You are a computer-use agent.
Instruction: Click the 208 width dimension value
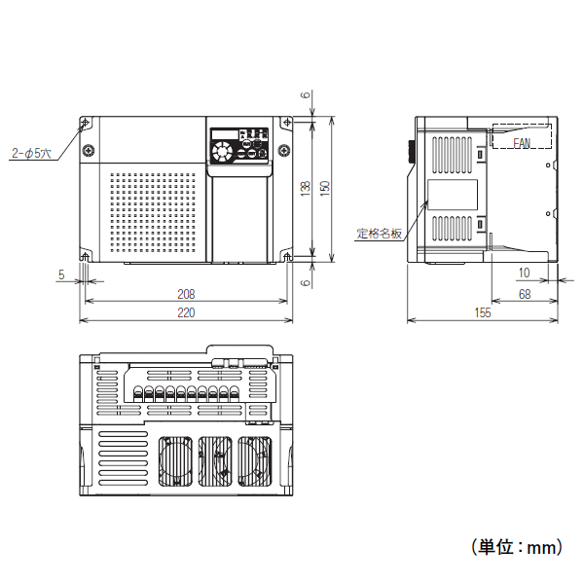tap(185, 293)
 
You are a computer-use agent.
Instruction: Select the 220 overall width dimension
tap(185, 312)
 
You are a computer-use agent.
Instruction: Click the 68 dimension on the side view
tap(524, 293)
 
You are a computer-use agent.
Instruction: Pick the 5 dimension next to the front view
tap(60, 274)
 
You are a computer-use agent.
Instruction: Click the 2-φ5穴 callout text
tap(32, 153)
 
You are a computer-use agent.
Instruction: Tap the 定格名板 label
tap(379, 234)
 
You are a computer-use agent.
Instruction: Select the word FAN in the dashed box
tap(523, 142)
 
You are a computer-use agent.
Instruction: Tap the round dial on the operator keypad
tap(223, 152)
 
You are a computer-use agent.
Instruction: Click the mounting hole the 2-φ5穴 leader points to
tap(85, 123)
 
